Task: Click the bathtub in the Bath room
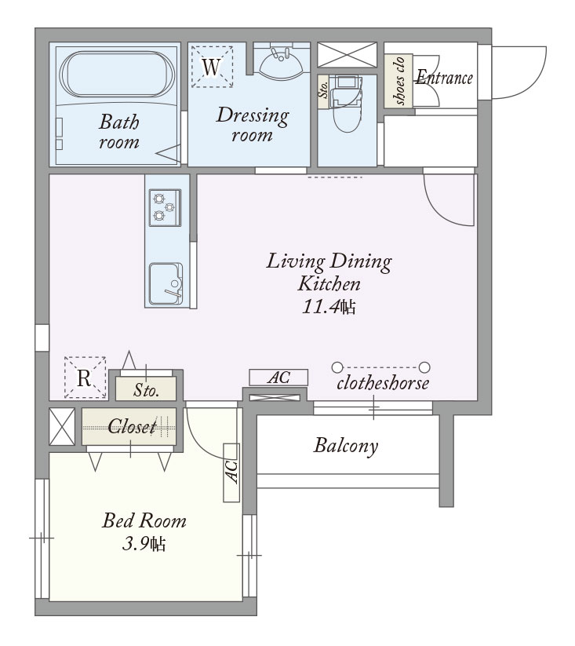(117, 74)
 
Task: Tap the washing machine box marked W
(212, 67)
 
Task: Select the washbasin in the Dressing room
(282, 63)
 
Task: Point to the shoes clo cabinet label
(398, 80)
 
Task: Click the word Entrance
(444, 77)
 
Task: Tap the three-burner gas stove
(165, 208)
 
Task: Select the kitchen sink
(166, 284)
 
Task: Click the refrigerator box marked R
(86, 378)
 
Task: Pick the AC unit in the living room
(278, 378)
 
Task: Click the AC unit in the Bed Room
(231, 473)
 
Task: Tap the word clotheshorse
(383, 383)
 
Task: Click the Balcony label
(346, 446)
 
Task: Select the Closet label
(132, 426)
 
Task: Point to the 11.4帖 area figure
(329, 307)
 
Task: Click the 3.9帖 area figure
(144, 544)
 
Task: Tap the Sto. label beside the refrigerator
(146, 390)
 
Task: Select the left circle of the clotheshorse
(337, 367)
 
